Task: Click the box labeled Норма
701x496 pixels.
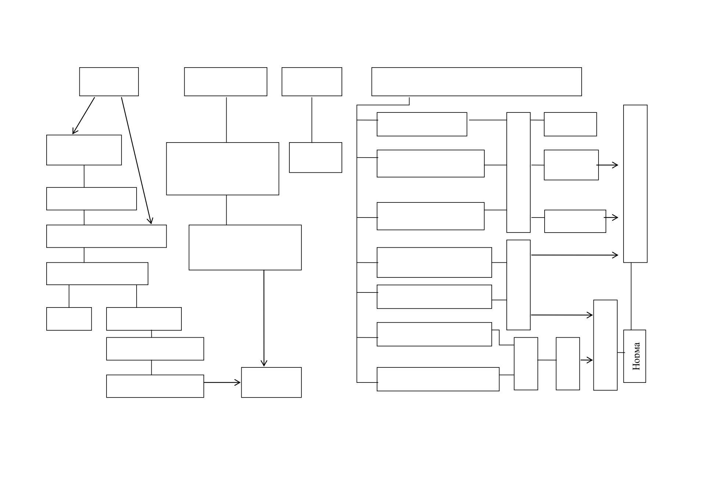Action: click(634, 356)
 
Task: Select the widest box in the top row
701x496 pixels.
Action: click(476, 82)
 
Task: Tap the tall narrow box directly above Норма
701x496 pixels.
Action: click(635, 184)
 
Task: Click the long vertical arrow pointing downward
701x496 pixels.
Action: click(264, 318)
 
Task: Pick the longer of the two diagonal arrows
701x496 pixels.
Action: click(137, 161)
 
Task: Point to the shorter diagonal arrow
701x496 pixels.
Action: click(83, 116)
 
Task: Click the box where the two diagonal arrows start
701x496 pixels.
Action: click(109, 82)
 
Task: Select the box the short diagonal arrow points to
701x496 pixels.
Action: click(84, 150)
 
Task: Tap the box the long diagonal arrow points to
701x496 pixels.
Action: click(106, 236)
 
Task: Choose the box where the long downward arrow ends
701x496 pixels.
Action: click(271, 382)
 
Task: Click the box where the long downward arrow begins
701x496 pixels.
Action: click(245, 247)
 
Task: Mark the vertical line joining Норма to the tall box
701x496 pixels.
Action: click(631, 296)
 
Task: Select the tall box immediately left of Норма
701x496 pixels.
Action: click(605, 345)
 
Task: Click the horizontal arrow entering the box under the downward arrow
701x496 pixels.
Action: click(222, 382)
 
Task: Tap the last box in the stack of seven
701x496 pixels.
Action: click(438, 379)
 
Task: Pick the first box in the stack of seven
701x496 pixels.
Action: click(422, 124)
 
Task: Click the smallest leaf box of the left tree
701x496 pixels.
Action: click(69, 319)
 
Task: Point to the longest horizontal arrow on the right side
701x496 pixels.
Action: click(575, 255)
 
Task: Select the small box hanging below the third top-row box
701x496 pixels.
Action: click(315, 157)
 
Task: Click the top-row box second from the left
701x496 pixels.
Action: click(225, 82)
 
